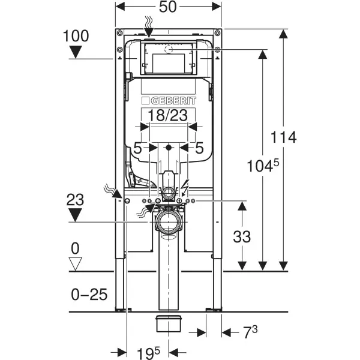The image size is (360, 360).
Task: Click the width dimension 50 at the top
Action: (169, 8)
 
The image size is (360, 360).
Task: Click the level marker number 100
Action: (75, 35)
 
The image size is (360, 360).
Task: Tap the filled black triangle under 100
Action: (76, 52)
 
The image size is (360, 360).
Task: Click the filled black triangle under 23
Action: (76, 214)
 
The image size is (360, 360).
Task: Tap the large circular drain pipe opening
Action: (169, 224)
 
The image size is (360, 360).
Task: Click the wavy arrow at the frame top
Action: (148, 25)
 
